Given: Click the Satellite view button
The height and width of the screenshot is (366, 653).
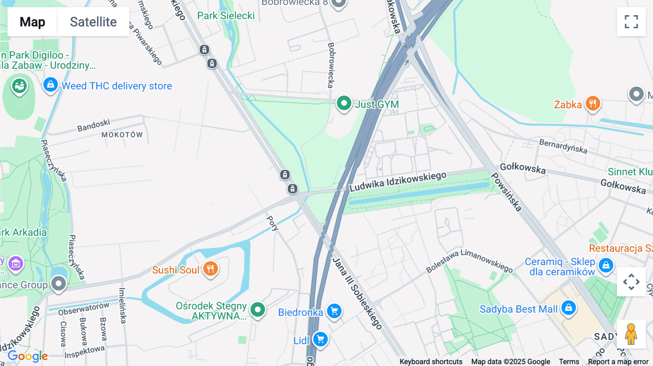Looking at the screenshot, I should coord(93,22).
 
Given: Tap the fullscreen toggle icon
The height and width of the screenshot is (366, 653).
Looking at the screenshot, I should coord(631,22).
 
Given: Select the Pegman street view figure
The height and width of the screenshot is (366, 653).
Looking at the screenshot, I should coord(631,334).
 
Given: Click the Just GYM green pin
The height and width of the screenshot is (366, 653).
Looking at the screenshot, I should coord(344,103).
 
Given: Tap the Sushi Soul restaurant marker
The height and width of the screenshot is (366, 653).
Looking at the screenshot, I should coord(210,269).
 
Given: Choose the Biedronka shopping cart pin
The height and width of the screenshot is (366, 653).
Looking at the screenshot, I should coord(334,311).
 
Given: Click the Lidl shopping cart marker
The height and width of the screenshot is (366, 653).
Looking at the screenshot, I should coord(320,340).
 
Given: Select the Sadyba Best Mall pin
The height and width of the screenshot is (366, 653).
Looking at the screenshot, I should coord(568,308).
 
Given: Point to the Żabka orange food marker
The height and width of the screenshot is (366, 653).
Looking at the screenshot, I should coord(592,104).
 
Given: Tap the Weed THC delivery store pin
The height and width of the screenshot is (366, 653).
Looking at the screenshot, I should coord(50,85).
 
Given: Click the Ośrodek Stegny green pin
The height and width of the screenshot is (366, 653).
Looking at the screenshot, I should coord(258,310).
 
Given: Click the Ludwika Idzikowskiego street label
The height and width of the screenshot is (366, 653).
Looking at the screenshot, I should coord(398,182).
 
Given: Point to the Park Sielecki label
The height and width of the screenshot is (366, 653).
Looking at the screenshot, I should coord(226,16).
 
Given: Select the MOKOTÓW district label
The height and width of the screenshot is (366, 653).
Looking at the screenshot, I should coord(122,135).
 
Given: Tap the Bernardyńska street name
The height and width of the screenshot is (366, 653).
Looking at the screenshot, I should coord(563,146).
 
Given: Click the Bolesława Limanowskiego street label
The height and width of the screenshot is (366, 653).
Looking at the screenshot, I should coord(469,261).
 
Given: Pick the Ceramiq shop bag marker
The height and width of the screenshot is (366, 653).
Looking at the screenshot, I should coord(605,266).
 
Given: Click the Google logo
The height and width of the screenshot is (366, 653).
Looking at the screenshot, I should coord(28,356).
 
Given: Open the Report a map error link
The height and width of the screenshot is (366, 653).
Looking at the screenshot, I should coord(618,362).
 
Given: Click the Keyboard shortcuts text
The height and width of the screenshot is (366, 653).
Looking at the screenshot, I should coord(431,362).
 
